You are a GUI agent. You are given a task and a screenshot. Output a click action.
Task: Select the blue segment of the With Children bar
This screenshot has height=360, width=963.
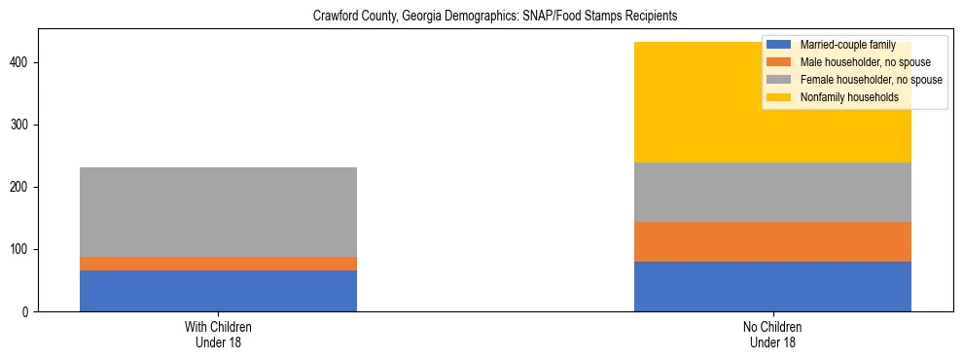(x=218, y=291)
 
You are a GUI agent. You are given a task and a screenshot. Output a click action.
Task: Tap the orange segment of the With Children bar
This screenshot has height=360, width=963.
(x=218, y=264)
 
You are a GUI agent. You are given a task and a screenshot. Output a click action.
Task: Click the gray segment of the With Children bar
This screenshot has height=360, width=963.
(x=218, y=212)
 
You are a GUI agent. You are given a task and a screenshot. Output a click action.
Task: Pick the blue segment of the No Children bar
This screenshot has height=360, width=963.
(x=772, y=286)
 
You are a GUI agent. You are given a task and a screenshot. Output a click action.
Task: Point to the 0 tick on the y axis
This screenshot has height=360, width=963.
(x=28, y=311)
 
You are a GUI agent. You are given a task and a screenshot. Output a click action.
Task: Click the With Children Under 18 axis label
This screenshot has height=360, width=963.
(x=218, y=335)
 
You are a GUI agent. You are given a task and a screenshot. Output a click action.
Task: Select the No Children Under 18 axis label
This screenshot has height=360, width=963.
(x=772, y=335)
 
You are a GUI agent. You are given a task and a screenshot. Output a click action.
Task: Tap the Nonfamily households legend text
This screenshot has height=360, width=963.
(x=842, y=97)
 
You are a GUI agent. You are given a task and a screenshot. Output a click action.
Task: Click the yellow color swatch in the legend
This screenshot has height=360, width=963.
(x=779, y=97)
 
